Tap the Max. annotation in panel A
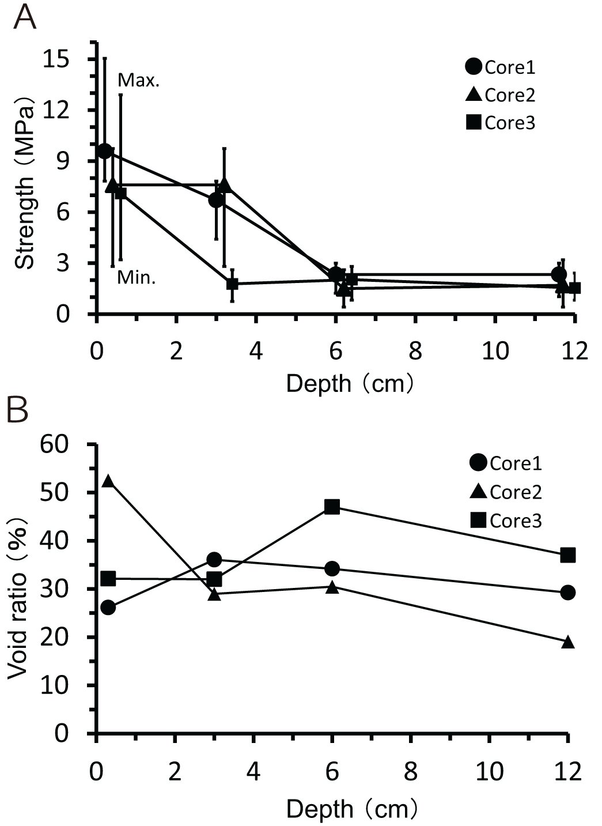coord(138,80)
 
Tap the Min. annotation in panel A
coord(137,278)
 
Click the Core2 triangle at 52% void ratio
coord(108,481)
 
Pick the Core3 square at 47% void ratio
coord(332,507)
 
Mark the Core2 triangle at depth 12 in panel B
coord(568,642)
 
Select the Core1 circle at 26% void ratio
coord(108,608)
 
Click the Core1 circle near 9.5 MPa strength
coord(104,151)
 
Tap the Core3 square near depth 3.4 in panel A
coord(232,284)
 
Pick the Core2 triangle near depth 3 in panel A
coord(225,184)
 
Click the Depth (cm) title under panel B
coord(351,809)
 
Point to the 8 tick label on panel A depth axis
coord(415,350)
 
